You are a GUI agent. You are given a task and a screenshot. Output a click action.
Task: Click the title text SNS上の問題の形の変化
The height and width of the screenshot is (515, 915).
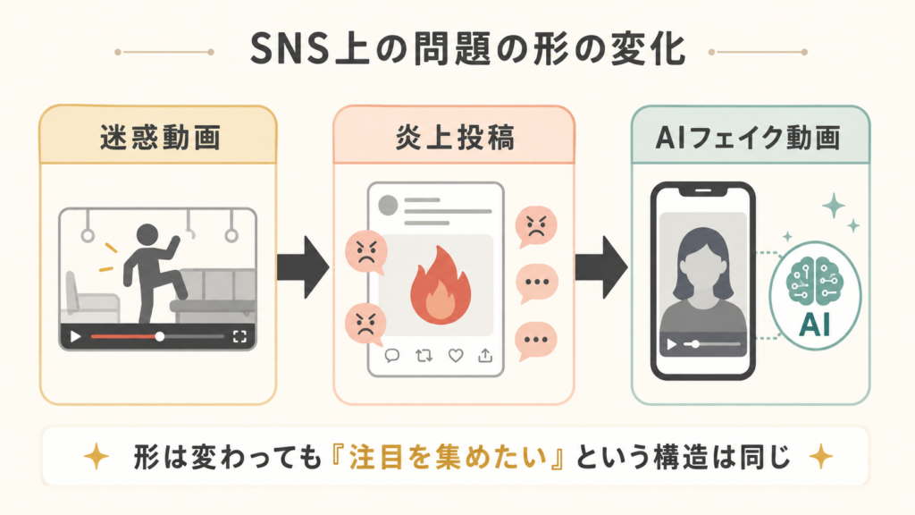(468, 49)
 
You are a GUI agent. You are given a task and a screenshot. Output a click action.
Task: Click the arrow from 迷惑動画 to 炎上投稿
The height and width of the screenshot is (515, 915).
(304, 267)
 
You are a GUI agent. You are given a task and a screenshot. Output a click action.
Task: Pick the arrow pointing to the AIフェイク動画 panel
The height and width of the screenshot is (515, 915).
(601, 267)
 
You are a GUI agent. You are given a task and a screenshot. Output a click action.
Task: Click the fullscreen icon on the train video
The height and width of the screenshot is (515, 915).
(239, 337)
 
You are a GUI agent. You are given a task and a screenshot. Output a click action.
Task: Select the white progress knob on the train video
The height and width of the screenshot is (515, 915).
(159, 337)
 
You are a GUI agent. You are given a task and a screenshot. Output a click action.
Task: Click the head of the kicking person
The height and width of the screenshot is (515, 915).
(147, 235)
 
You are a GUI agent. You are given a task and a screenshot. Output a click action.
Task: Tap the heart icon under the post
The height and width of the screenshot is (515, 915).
(455, 355)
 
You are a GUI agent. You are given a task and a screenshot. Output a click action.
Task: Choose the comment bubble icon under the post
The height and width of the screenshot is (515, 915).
(392, 355)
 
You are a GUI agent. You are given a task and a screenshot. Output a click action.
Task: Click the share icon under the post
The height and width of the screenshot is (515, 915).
(485, 355)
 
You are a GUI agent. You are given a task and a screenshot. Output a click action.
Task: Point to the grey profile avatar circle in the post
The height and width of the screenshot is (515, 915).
(388, 205)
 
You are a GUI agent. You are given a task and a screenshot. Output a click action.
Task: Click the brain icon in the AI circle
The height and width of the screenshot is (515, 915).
(815, 280)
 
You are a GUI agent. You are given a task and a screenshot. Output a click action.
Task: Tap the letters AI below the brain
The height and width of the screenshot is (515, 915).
(815, 325)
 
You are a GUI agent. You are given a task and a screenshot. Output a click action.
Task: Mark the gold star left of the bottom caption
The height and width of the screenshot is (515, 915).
(97, 457)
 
